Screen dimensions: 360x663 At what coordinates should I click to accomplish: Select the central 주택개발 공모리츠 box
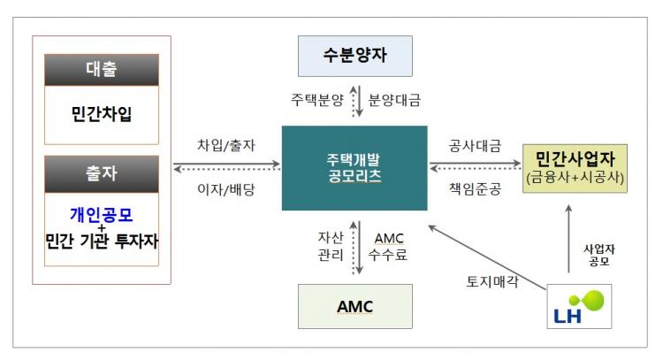[x=354, y=168]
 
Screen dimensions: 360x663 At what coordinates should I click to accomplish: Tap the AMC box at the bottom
[x=355, y=306]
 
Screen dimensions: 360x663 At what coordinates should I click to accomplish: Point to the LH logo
[x=578, y=305]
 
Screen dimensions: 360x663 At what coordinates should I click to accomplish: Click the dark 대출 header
[x=102, y=70]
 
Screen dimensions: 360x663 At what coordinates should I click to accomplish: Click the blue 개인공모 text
[x=102, y=214]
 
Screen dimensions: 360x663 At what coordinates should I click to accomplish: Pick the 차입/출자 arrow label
[x=226, y=145]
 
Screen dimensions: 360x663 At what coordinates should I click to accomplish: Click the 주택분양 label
[x=317, y=101]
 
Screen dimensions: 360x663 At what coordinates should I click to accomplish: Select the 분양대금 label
[x=394, y=101]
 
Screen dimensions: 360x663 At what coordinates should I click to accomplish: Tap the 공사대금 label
[x=476, y=145]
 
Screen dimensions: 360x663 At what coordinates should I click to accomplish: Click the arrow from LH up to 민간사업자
[x=568, y=239]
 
